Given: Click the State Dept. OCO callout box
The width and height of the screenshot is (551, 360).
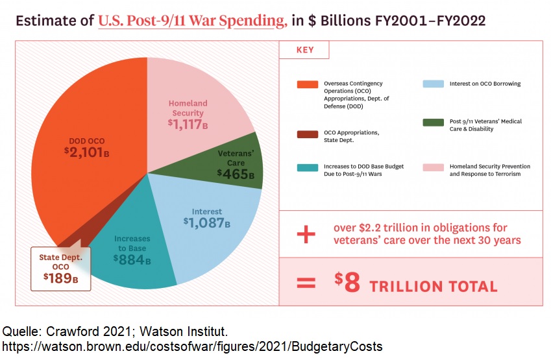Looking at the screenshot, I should pyautogui.click(x=61, y=268).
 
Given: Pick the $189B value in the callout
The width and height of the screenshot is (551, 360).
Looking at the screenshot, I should pyautogui.click(x=61, y=277).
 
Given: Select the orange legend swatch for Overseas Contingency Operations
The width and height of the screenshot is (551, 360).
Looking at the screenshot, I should pyautogui.click(x=307, y=84).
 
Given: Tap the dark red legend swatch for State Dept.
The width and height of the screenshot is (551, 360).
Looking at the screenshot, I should pyautogui.click(x=307, y=134).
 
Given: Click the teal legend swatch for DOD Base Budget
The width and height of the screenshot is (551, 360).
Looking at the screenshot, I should pyautogui.click(x=307, y=167).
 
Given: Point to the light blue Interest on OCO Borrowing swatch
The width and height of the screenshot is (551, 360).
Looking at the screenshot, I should pyautogui.click(x=433, y=84).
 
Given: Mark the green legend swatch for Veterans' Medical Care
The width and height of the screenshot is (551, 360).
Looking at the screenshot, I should pyautogui.click(x=433, y=122).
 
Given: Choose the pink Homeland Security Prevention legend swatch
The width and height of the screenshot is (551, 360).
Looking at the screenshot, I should pyautogui.click(x=433, y=167).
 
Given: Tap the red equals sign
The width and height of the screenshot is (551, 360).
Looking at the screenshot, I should pyautogui.click(x=305, y=283).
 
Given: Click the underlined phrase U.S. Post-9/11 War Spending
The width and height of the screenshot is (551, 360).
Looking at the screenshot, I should pyautogui.click(x=192, y=21).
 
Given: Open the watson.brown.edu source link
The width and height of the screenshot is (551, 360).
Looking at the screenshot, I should pyautogui.click(x=192, y=346).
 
